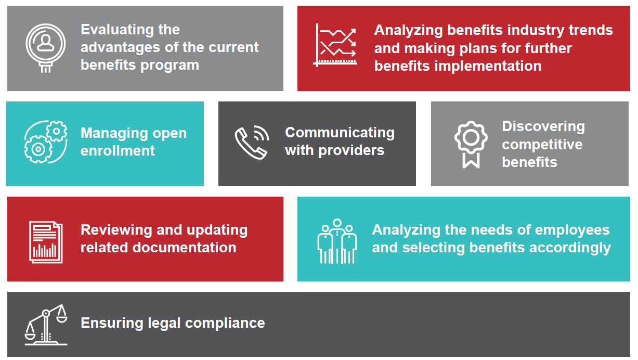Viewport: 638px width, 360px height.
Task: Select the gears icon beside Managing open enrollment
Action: coord(46,142)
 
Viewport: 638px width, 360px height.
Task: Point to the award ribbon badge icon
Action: coord(471,143)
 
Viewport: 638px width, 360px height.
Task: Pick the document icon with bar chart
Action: coord(46,241)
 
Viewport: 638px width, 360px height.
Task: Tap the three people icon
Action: coord(337,240)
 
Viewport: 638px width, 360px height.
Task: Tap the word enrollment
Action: coord(118,151)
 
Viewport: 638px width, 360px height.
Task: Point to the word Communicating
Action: coord(340,133)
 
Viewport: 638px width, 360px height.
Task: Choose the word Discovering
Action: coord(543,126)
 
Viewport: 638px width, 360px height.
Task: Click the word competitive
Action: coord(542,144)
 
